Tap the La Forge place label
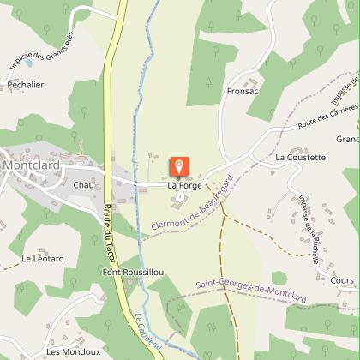(x=183, y=185)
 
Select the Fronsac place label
(x=243, y=90)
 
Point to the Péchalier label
(x=26, y=86)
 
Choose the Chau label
(x=83, y=184)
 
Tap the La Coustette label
(x=300, y=158)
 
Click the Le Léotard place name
(x=43, y=258)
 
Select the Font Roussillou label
(x=133, y=272)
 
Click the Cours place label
(x=341, y=280)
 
